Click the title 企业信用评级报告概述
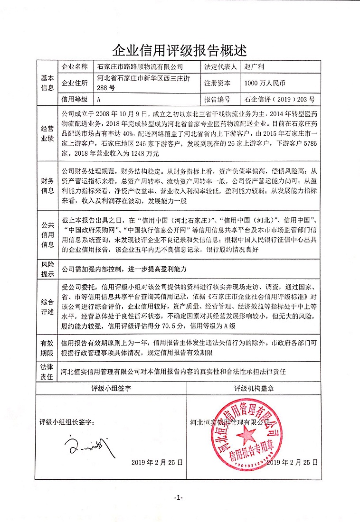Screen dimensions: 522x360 click(x=180, y=49)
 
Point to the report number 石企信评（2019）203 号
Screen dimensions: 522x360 click(x=280, y=100)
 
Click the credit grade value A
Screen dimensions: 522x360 click(x=99, y=100)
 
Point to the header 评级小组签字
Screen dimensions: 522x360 click(x=111, y=388)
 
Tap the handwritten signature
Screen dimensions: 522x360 click(x=86, y=445)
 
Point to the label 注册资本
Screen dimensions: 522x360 click(x=218, y=83)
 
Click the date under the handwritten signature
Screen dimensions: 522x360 click(x=157, y=462)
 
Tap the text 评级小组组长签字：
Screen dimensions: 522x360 click(x=70, y=421)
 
